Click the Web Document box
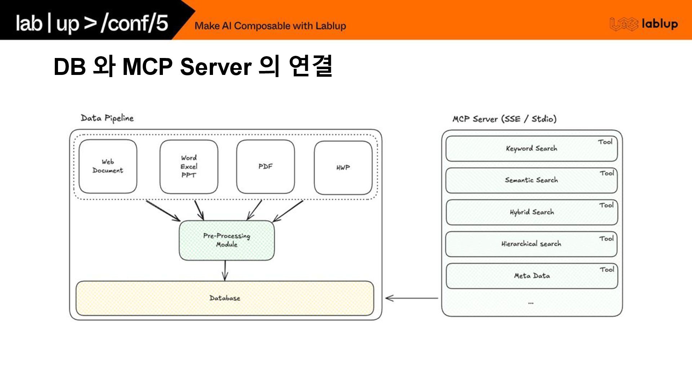pyautogui.click(x=108, y=166)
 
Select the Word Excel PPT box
pyautogui.click(x=189, y=166)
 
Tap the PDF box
pyautogui.click(x=265, y=166)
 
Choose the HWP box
pyautogui.click(x=343, y=167)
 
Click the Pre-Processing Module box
pyautogui.click(x=226, y=240)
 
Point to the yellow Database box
pyautogui.click(x=225, y=298)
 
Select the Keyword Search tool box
pyautogui.click(x=531, y=148)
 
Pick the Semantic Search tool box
pyautogui.click(x=531, y=180)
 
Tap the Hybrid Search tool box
pyautogui.click(x=532, y=212)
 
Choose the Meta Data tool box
pyautogui.click(x=532, y=276)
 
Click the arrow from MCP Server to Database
pyautogui.click(x=412, y=298)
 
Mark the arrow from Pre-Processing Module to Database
pyautogui.click(x=225, y=270)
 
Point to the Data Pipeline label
pyautogui.click(x=107, y=118)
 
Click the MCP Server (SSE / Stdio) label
pyautogui.click(x=504, y=119)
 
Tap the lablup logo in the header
pyautogui.click(x=644, y=24)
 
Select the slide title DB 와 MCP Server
pyautogui.click(x=192, y=67)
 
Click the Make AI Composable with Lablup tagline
pyautogui.click(x=270, y=26)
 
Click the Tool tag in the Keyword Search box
pyautogui.click(x=605, y=142)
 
